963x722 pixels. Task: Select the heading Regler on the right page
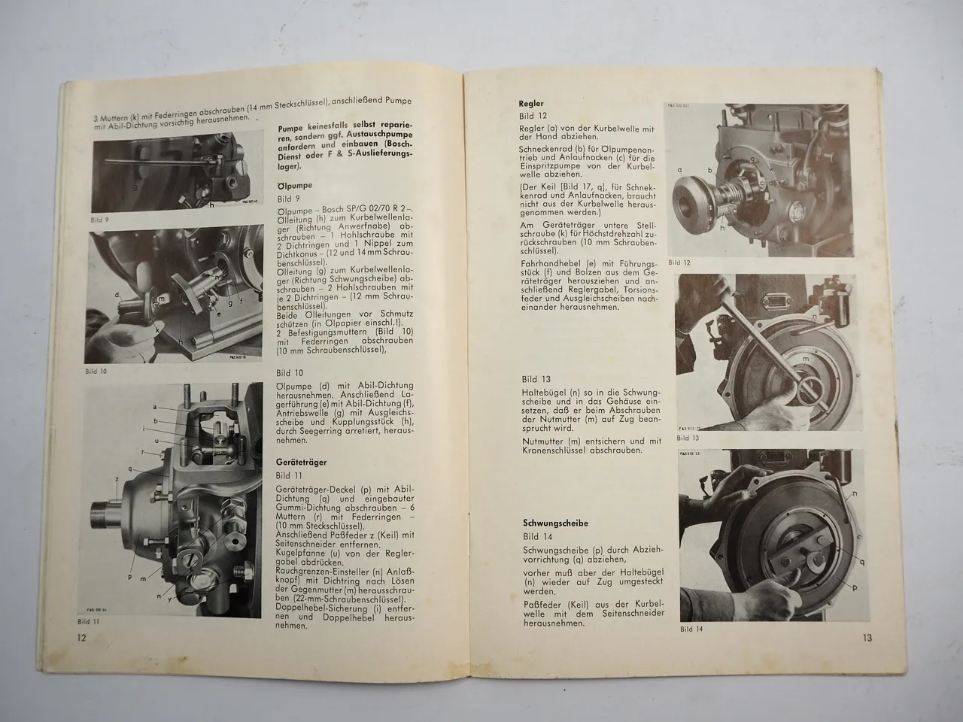coord(532,103)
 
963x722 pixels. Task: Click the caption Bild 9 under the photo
coord(100,220)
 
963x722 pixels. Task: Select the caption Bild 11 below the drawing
coord(90,621)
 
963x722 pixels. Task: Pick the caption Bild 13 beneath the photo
coord(688,437)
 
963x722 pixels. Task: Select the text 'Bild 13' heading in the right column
coord(536,380)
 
